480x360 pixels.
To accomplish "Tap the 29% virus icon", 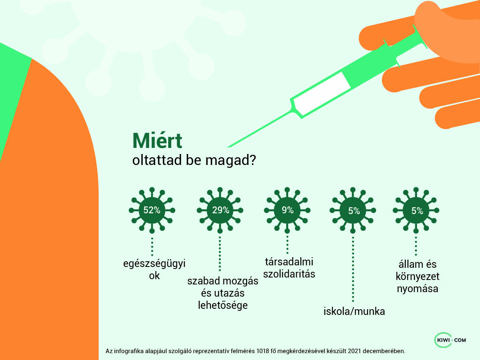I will tap(220, 210).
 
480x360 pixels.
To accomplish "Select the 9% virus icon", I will tap(287, 210).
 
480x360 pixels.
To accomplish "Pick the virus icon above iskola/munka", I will tap(354, 210).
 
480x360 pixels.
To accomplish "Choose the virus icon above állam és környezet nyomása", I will tap(417, 210).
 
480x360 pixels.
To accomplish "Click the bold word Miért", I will tap(157, 141).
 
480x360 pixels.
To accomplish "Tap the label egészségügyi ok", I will tap(154, 269).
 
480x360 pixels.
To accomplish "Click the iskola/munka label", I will tap(354, 312).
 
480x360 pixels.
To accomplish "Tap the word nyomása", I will tap(417, 289).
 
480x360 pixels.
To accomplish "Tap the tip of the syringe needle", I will tap(228, 146).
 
